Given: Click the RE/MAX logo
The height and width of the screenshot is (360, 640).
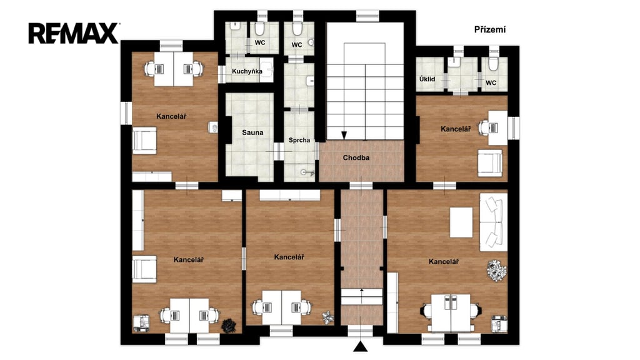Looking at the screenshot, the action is [74, 34].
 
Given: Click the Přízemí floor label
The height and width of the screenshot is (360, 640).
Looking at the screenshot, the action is [490, 30].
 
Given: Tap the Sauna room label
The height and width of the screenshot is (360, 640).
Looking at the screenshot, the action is [252, 132].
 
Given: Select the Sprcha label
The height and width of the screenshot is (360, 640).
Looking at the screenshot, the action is [299, 141].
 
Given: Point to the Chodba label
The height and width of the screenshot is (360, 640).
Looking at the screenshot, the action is [356, 157].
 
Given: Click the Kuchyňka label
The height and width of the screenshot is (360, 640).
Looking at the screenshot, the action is [247, 71].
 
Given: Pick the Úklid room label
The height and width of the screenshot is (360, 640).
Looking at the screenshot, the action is [427, 79].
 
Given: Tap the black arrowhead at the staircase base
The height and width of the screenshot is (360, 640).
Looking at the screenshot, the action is [344, 135].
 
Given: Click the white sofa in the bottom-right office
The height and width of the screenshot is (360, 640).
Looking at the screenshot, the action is [493, 222].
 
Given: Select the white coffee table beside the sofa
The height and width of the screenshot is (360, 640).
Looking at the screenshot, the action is [461, 222].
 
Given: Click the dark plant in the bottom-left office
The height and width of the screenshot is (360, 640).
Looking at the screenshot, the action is [229, 325].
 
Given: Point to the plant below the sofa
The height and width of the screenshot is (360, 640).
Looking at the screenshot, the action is [496, 271].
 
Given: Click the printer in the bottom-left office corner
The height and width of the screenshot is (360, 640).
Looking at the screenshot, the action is [142, 323].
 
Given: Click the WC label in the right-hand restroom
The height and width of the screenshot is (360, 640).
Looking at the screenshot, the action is [491, 83].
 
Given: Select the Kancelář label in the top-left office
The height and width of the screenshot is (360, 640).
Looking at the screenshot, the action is [171, 117].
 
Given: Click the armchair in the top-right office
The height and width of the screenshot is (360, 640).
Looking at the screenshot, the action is [490, 163].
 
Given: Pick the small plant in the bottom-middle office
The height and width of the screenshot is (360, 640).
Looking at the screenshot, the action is [327, 317].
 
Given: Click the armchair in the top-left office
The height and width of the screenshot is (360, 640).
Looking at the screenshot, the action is [144, 141].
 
